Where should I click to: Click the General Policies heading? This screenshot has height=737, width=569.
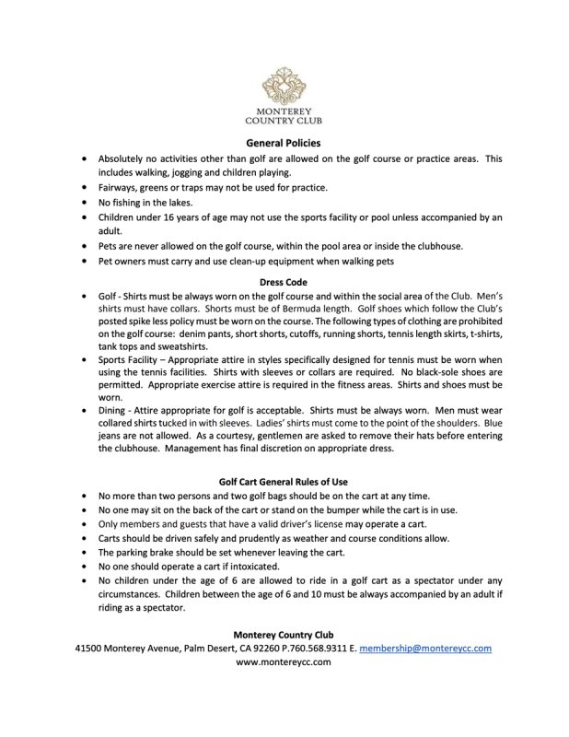[x=284, y=144]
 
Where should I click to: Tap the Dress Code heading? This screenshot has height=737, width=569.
[x=284, y=282]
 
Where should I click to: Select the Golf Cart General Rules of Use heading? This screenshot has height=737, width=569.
[x=284, y=480]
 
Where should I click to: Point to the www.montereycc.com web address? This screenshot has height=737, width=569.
[x=284, y=662]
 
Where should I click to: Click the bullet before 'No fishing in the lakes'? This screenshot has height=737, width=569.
[x=87, y=201]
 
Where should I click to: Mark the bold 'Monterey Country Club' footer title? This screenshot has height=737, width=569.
[x=284, y=634]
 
